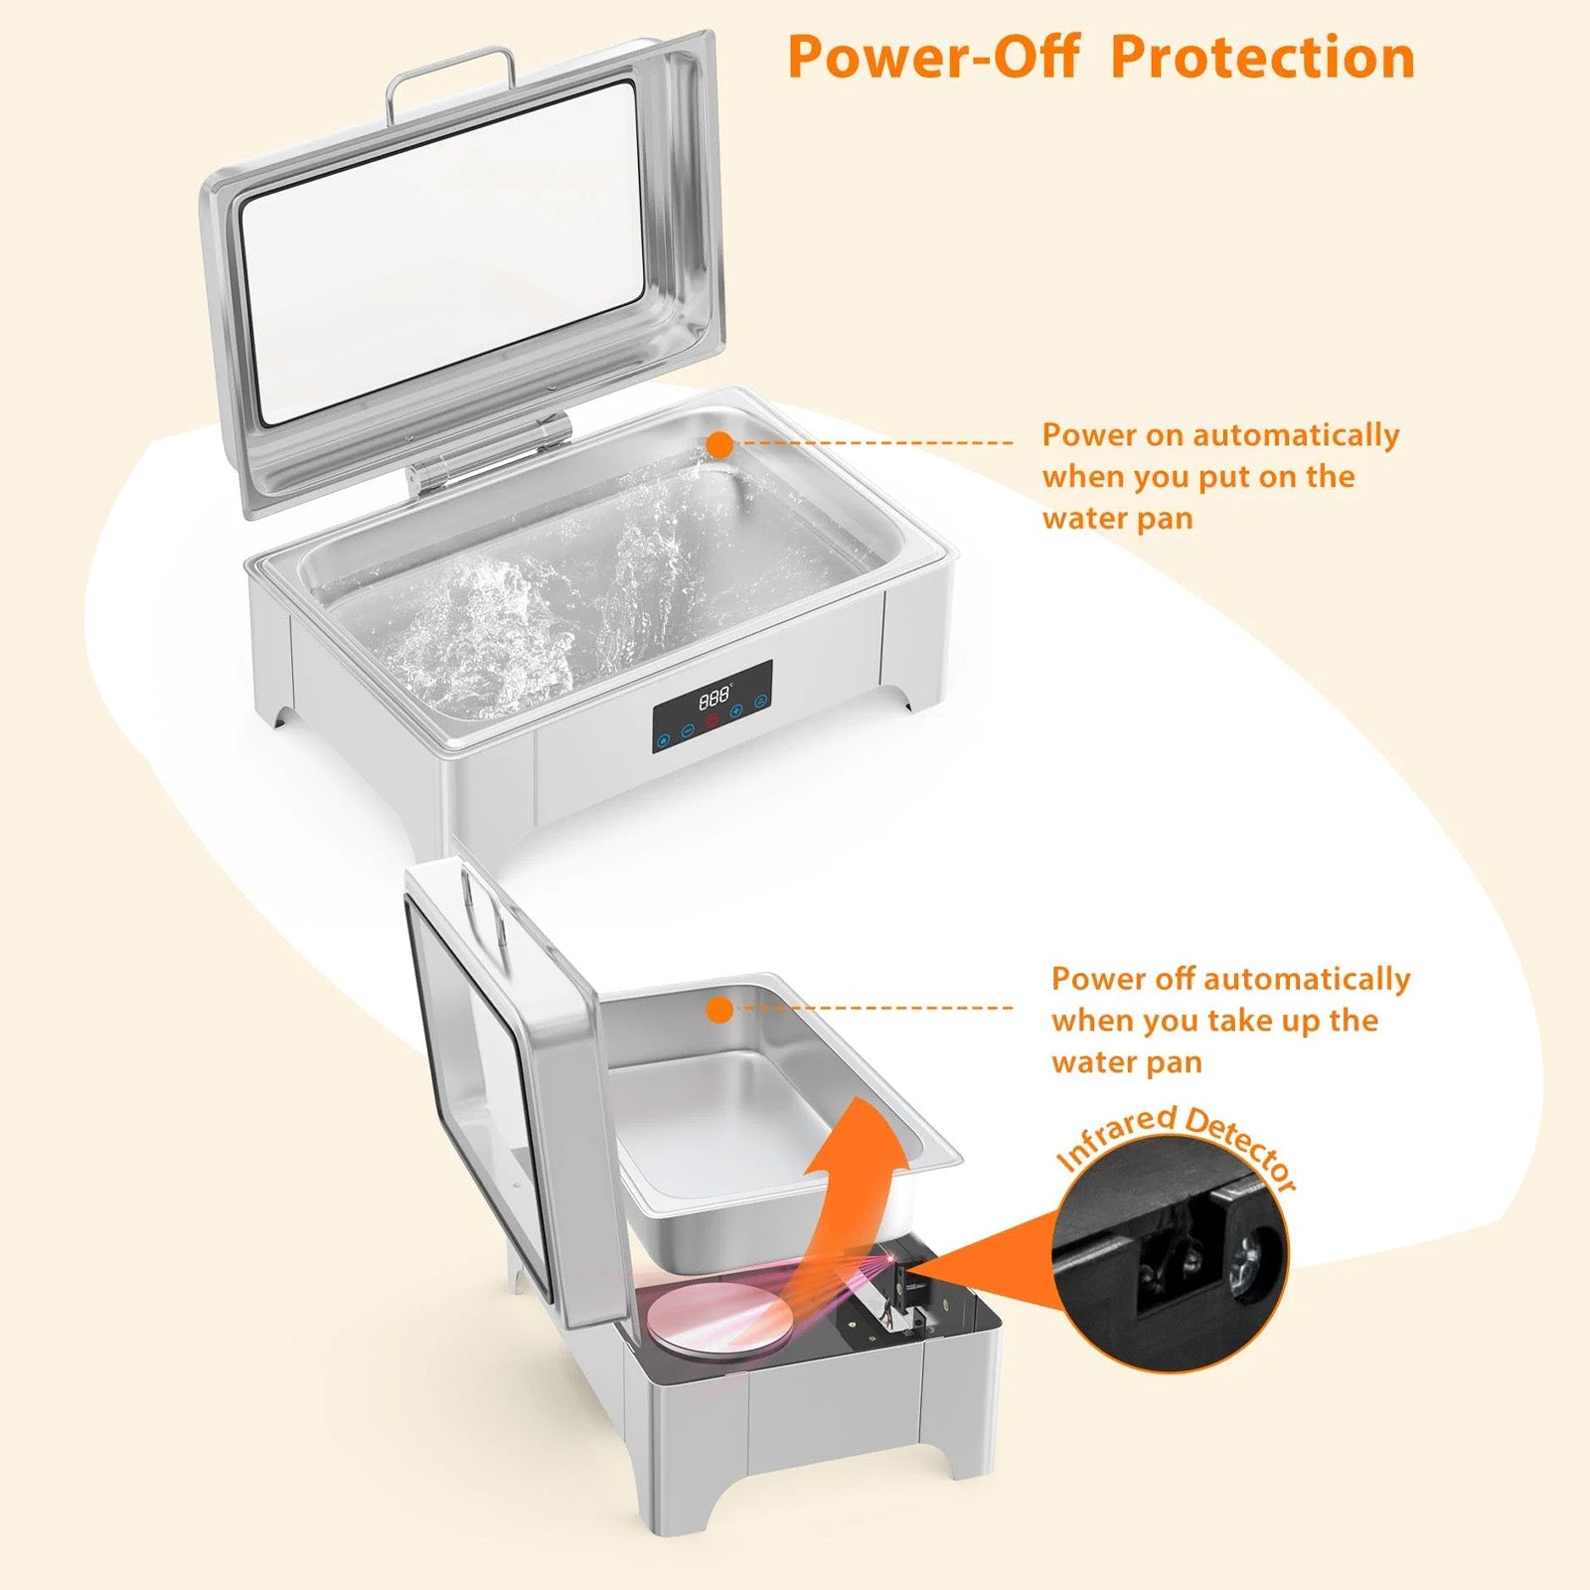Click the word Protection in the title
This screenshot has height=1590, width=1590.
pos(1263,57)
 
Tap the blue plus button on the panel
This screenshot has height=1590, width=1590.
pos(736,712)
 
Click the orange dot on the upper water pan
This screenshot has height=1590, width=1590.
pos(720,444)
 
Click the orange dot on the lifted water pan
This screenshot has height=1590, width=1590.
pos(720,1011)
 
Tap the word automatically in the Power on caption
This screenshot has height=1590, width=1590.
pos(1296,435)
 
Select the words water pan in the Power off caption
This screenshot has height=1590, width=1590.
pos(1127,1062)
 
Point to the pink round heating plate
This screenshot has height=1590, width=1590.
pos(720,1317)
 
